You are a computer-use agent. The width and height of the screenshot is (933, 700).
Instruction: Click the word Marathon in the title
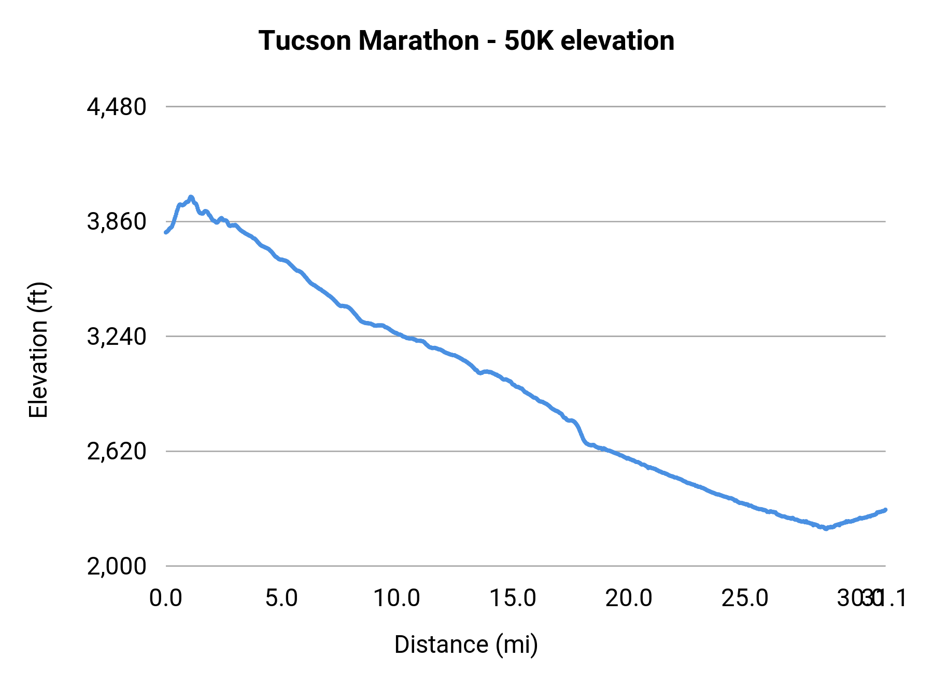[418, 40]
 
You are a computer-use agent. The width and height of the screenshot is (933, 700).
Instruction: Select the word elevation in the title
[617, 40]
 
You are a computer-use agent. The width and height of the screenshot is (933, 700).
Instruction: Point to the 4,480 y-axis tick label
[117, 107]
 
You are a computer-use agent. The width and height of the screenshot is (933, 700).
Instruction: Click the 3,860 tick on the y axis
[117, 222]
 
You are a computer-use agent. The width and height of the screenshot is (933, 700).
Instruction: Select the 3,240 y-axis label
[117, 337]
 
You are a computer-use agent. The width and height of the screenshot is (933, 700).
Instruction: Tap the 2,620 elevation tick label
[117, 452]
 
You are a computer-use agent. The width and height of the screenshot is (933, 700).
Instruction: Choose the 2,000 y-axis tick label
[117, 566]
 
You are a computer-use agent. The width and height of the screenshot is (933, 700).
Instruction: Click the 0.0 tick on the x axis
[166, 598]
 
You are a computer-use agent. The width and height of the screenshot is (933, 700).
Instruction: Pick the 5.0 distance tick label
[281, 598]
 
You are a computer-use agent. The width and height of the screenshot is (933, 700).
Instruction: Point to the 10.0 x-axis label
[397, 598]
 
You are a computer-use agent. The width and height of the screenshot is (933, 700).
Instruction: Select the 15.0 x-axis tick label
[513, 598]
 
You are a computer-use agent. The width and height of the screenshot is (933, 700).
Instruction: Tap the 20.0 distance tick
[629, 598]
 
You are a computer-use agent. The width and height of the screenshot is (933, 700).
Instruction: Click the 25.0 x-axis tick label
[745, 598]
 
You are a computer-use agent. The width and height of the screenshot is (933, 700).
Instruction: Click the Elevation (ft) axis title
[38, 350]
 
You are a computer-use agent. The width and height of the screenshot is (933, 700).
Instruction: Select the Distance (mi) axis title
[466, 645]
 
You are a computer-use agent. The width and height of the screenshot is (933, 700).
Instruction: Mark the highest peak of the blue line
[191, 197]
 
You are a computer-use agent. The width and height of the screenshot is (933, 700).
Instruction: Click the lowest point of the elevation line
[826, 529]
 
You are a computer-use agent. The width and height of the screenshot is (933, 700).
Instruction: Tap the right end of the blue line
[885, 510]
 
